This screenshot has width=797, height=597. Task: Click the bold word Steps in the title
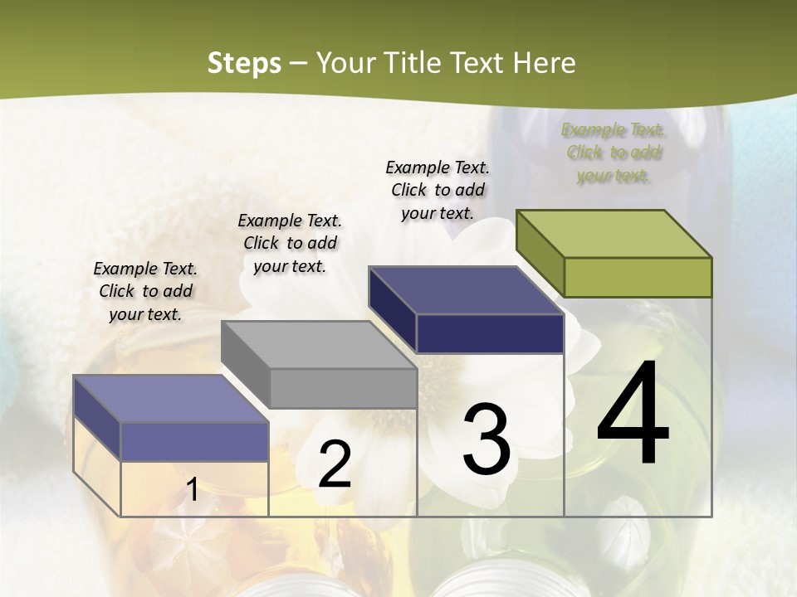coord(244,63)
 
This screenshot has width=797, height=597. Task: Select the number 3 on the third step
coord(487,439)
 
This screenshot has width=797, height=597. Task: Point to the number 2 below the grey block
coord(335,464)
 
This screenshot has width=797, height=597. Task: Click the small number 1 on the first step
coord(192,490)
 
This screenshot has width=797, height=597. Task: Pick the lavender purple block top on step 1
coord(171,399)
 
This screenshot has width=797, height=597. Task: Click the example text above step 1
coord(145,291)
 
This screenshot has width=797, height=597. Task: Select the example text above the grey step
coord(290,243)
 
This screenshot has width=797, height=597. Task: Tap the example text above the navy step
coord(438,190)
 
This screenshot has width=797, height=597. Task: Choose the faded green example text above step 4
coord(614,153)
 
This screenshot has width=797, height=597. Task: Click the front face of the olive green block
coord(638,277)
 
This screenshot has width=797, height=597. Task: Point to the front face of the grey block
coord(343,388)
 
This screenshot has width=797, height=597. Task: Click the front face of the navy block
coord(490,333)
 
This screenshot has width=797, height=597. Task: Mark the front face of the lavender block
coord(194,442)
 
